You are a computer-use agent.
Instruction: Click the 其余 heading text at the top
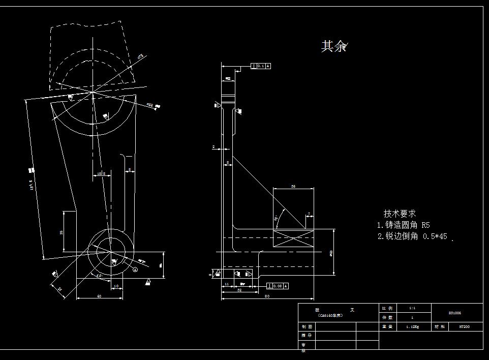[x=333, y=46]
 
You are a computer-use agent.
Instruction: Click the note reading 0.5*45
[x=412, y=236]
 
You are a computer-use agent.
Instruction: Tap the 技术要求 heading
[x=400, y=214]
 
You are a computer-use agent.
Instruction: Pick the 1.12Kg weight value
[x=412, y=326]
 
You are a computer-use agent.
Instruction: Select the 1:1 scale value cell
[x=412, y=308]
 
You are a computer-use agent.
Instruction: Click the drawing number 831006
[x=455, y=313]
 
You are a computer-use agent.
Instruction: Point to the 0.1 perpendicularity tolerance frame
[x=261, y=66]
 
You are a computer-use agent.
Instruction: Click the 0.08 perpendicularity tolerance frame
[x=278, y=286]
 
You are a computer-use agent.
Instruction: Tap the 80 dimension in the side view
[x=267, y=295]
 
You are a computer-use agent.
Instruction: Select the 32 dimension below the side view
[x=239, y=290]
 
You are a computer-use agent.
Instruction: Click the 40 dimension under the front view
[x=99, y=296]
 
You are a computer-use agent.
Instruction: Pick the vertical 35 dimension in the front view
[x=61, y=232]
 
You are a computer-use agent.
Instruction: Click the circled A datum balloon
[x=135, y=270]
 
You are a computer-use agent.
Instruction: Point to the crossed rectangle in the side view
[x=293, y=238]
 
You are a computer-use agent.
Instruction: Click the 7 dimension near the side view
[x=309, y=214]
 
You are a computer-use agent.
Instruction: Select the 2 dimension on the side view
[x=213, y=147]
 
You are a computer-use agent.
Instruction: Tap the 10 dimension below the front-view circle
[x=116, y=286]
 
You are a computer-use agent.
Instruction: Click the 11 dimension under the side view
[x=227, y=284]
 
